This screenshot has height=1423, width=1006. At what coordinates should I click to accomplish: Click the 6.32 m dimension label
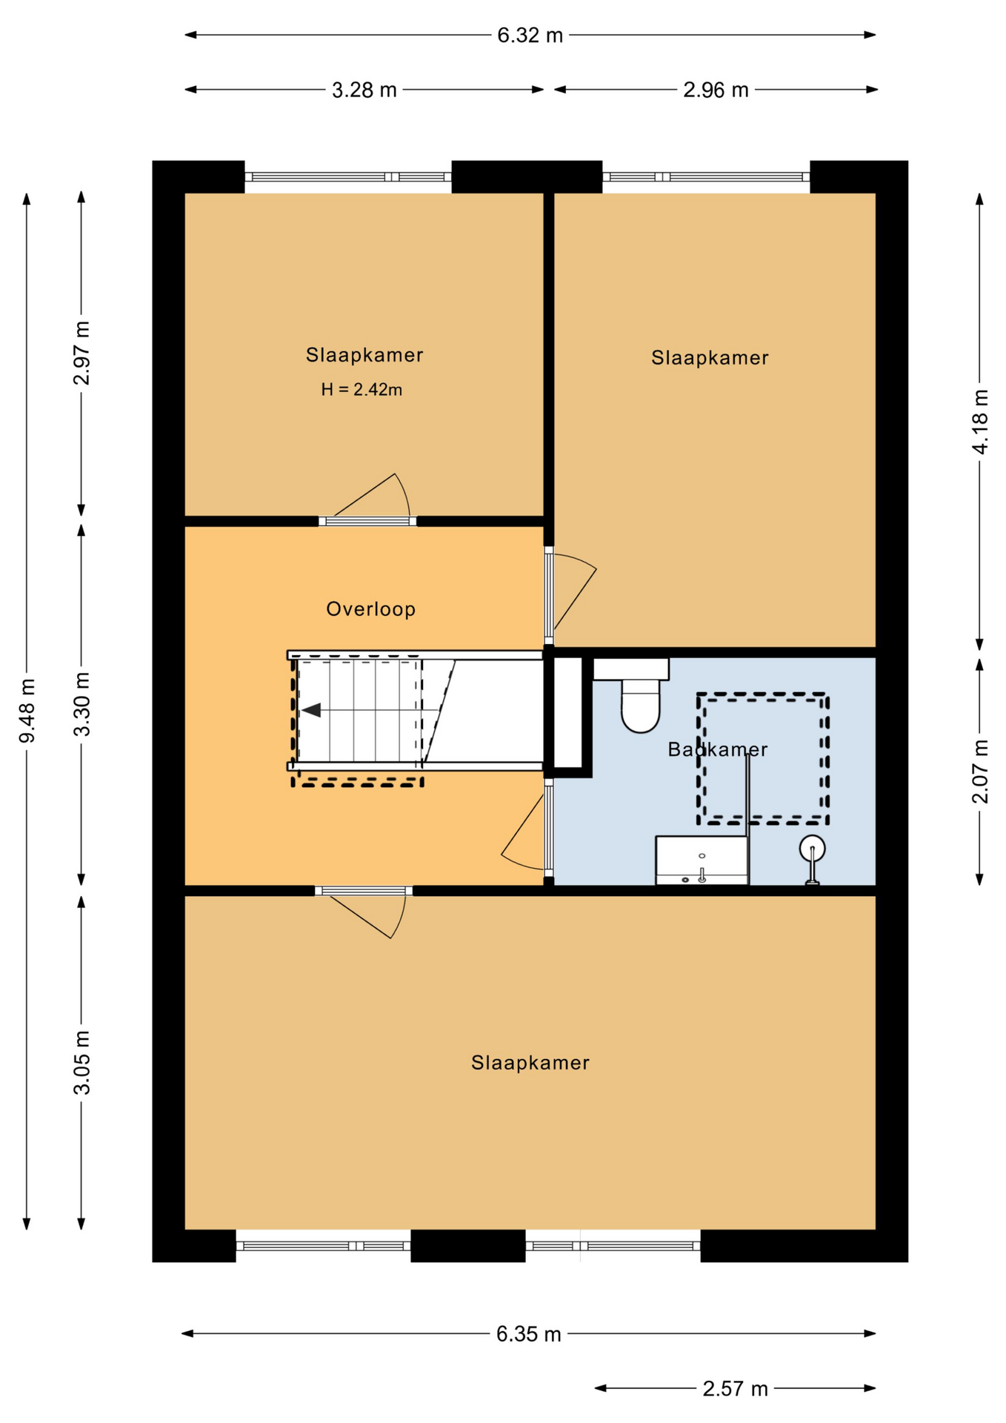530,36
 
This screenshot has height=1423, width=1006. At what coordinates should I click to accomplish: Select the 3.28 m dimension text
364,90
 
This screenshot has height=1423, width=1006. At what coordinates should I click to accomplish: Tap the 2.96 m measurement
716,90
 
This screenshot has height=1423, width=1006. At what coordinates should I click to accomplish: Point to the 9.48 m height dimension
27,711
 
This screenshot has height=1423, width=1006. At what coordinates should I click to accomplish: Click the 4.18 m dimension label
980,422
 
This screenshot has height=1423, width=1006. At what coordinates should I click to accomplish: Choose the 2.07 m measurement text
980,772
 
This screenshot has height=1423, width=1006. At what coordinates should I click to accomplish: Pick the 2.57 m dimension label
735,1389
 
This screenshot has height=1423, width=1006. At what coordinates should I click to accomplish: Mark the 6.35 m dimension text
528,1334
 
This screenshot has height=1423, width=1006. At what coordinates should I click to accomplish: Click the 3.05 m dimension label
82,1062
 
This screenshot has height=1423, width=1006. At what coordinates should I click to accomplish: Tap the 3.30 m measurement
82,704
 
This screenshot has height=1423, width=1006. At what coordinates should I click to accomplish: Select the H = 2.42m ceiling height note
362,390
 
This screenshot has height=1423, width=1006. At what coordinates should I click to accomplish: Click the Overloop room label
371,609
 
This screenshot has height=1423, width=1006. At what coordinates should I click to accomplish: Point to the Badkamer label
717,749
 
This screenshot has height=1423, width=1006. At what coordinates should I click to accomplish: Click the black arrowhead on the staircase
311,710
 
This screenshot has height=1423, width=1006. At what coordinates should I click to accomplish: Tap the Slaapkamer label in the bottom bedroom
530,1063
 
